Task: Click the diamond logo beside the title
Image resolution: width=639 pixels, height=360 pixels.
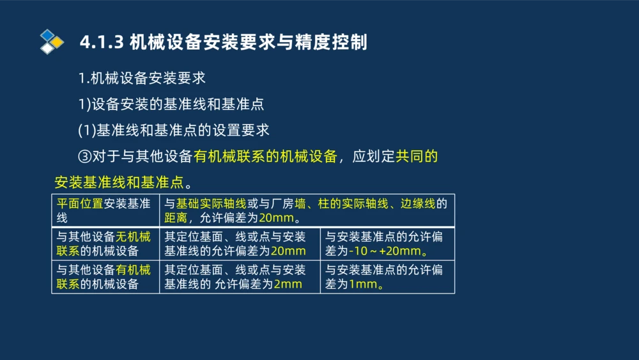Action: tap(52, 42)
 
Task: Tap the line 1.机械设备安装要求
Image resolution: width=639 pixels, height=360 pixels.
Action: tap(141, 79)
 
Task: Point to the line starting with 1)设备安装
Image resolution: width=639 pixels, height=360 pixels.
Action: tap(171, 104)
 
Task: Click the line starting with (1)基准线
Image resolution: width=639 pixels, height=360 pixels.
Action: tap(173, 130)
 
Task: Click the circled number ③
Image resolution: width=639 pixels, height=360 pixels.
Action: tap(86, 156)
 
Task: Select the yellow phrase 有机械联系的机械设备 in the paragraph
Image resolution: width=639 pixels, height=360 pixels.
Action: tap(265, 156)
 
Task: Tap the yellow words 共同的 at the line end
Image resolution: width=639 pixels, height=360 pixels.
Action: tap(417, 156)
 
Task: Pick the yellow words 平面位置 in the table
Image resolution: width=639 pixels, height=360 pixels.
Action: tap(80, 204)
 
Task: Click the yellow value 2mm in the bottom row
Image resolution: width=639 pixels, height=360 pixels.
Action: tap(288, 284)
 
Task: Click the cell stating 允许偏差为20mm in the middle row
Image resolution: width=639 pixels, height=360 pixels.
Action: tap(240, 244)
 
